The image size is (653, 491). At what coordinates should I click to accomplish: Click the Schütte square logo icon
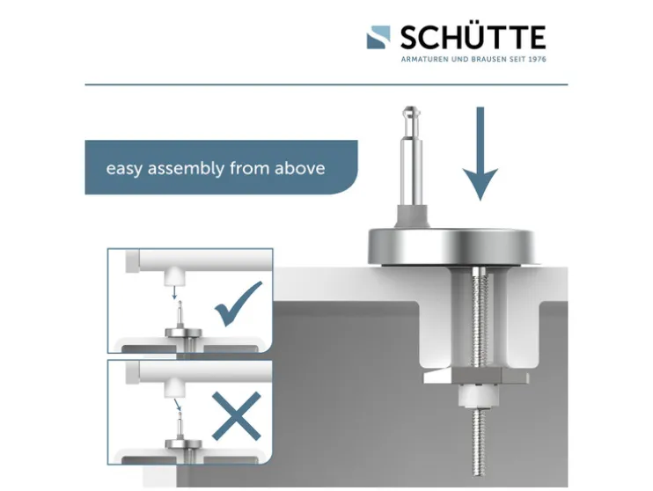coord(378,38)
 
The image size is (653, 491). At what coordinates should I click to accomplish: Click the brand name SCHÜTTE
coord(473,38)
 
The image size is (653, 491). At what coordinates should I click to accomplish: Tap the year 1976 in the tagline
coord(537,59)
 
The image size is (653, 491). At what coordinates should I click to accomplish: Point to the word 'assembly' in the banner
coord(187,169)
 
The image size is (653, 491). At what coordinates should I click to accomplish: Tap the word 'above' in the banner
coord(299,168)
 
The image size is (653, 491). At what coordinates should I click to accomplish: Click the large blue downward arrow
coord(481,154)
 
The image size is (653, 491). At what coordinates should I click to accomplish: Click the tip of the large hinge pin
coord(411,108)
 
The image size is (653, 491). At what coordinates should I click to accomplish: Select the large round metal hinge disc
coord(451,246)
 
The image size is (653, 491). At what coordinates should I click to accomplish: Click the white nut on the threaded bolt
coord(478,395)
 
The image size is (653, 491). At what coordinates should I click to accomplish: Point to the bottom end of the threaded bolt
coord(479,475)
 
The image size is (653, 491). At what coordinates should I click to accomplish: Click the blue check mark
coord(238,304)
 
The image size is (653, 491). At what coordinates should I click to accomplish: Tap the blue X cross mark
coord(236,416)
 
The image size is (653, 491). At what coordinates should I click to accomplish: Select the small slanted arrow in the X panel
coord(178,405)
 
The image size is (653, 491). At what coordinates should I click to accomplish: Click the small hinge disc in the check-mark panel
coord(183,333)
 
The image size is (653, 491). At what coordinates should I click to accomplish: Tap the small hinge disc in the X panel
coord(183,444)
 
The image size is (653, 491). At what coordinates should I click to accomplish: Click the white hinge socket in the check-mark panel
coord(174,276)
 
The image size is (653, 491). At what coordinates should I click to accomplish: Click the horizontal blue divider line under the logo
coord(326,84)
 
